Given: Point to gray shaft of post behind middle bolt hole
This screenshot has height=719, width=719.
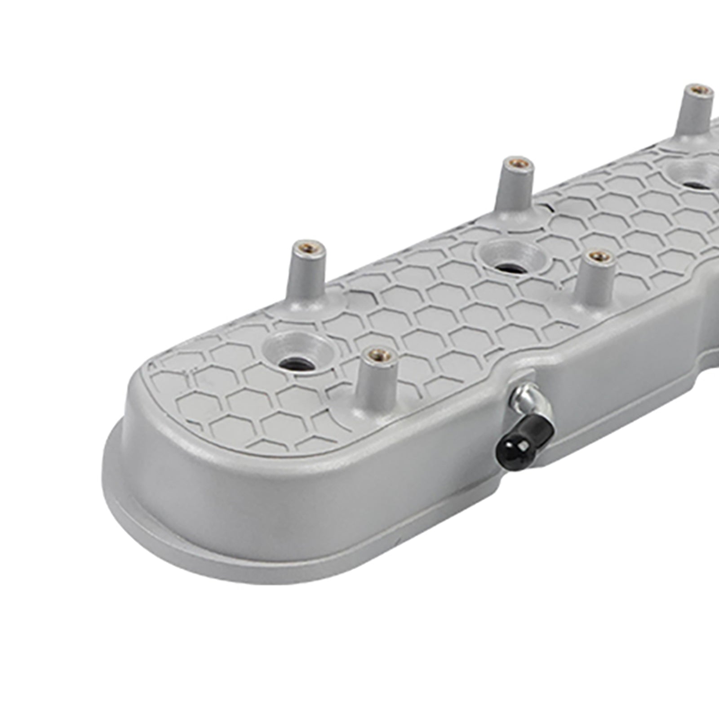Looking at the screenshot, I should tap(514, 189).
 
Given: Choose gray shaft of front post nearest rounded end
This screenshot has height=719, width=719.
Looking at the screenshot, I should tap(377, 382).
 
